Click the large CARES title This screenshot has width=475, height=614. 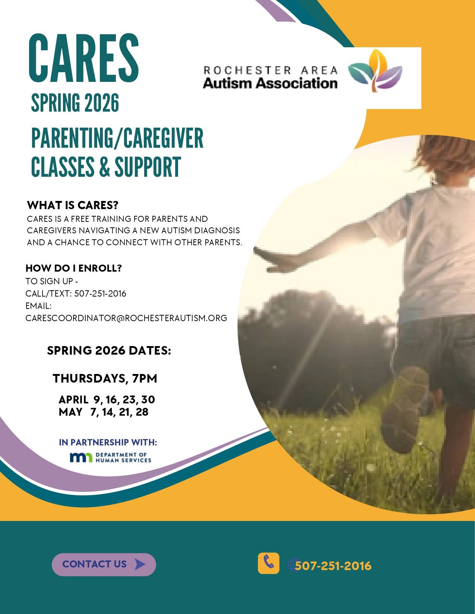point(84,58)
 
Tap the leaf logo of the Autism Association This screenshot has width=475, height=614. point(375,71)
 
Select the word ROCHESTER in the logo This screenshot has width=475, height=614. point(247,70)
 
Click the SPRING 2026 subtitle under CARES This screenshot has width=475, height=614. point(75,103)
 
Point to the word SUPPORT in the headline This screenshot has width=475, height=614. point(148,167)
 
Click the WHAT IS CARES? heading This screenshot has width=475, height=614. point(72,205)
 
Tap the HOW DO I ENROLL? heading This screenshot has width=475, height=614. point(73,268)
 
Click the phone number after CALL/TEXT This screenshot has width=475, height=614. point(100,294)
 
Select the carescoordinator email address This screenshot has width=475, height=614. point(126,318)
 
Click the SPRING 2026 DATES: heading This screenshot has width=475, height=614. point(109,351)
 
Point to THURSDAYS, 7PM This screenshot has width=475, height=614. point(105,378)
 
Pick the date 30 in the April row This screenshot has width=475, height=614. point(148,400)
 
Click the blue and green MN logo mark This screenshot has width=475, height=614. point(81,457)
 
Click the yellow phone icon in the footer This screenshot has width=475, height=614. point(269,563)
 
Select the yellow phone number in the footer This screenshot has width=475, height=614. point(333,566)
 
